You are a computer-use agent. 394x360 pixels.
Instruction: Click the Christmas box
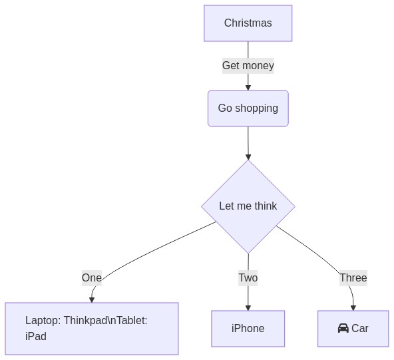248,23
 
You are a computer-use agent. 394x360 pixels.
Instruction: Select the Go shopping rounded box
248,108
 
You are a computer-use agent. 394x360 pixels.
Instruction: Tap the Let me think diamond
248,206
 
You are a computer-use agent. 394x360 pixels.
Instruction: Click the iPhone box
248,329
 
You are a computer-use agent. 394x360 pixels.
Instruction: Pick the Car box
353,329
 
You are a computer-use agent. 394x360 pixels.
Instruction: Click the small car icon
343,328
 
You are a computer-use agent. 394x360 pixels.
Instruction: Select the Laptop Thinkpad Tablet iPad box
92,329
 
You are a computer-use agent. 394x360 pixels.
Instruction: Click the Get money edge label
248,66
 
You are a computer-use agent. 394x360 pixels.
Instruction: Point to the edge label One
92,278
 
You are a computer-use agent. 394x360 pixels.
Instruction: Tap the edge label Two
248,278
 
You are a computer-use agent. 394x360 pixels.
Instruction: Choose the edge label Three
353,278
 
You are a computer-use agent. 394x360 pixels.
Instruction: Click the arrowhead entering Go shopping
248,88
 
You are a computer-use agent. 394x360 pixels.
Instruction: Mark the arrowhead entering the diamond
248,157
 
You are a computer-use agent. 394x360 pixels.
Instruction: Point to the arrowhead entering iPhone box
248,308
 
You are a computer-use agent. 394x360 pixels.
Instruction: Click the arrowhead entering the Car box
353,308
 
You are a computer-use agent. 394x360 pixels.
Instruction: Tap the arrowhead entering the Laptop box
92,300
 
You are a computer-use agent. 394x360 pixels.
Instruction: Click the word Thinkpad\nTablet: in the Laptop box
106,321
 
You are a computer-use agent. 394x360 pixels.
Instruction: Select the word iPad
36,337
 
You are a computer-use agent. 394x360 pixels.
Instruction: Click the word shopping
256,108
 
